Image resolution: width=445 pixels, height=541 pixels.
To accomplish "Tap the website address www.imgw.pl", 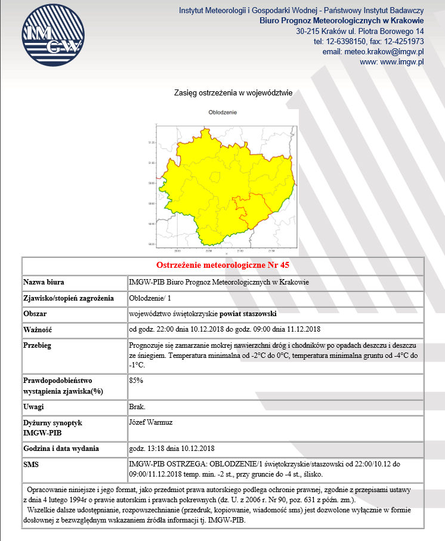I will point(392,61).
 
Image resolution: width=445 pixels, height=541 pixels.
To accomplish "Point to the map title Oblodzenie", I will point(223,112).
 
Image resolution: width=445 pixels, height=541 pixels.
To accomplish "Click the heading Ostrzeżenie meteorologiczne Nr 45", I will point(222,265).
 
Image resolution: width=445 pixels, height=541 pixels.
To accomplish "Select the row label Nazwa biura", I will point(44,282).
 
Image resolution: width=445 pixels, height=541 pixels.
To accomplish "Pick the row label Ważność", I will point(38,329).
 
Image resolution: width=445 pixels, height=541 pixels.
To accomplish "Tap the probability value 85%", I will point(136,379).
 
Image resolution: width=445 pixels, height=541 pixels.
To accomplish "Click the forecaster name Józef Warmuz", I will point(152,422).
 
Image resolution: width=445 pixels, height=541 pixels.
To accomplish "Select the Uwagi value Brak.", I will point(137,406).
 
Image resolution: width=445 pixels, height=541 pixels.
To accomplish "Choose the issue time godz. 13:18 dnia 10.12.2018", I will point(172,448).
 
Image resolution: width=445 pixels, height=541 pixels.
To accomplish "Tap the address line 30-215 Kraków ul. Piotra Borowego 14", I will point(360,31).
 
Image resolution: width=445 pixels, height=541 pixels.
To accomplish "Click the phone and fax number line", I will point(369,41).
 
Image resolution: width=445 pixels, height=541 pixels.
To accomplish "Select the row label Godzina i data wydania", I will point(61,448).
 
